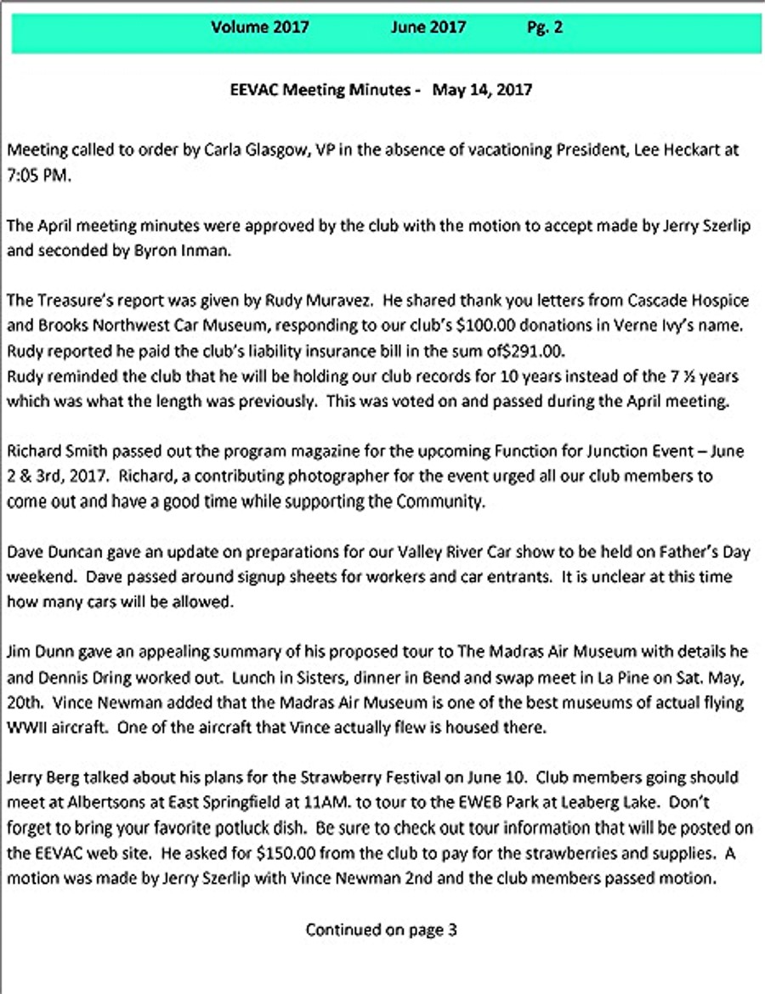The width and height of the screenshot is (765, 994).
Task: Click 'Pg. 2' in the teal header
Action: tap(545, 27)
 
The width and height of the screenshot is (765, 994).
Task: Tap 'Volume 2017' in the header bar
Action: tap(260, 27)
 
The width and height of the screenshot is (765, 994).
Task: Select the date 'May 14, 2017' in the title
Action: tap(482, 89)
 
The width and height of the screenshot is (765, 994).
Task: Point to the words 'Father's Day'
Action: tap(704, 552)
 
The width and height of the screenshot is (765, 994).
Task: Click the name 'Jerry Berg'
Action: tap(40, 778)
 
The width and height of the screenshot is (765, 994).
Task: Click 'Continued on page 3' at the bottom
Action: tap(382, 929)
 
